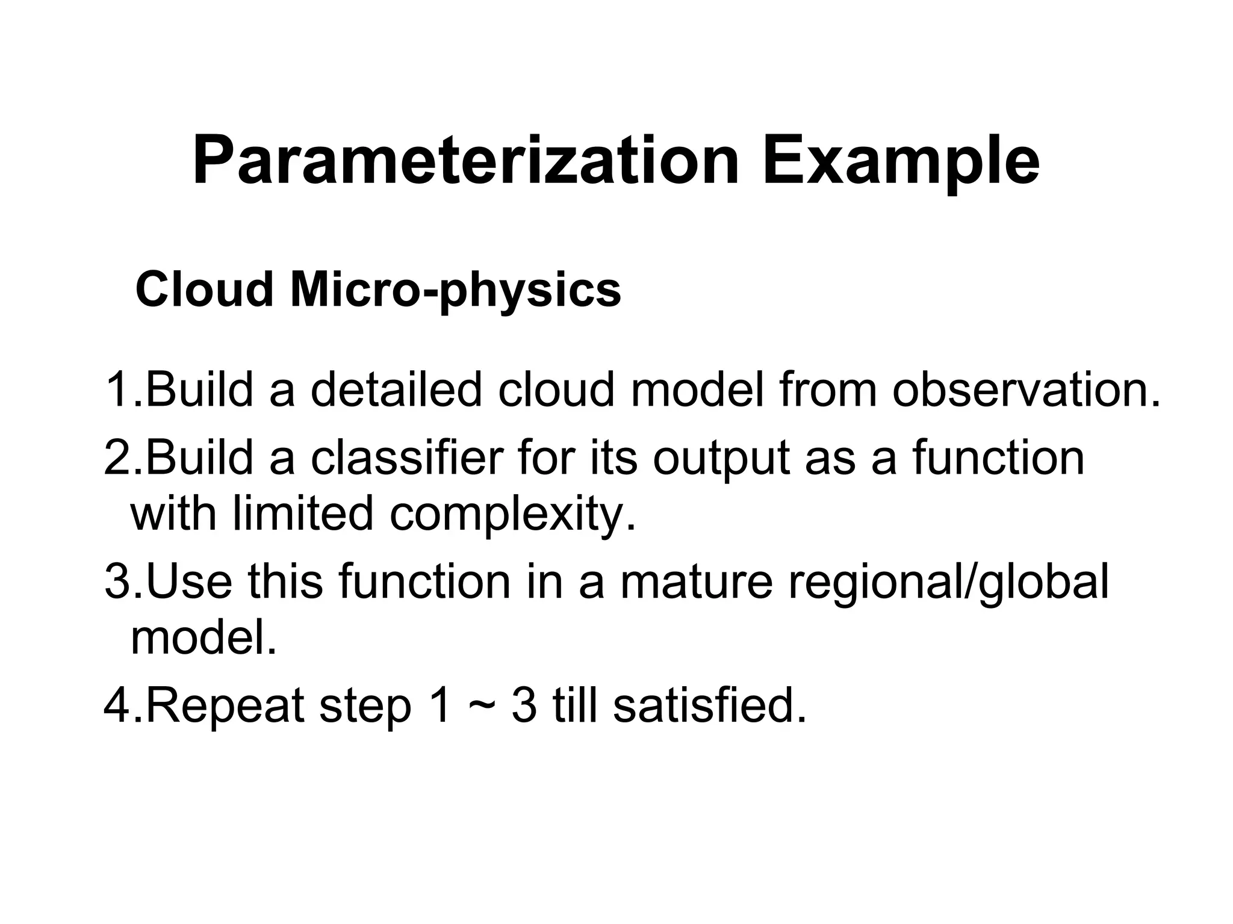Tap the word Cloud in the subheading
point(205,290)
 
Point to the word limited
point(303,513)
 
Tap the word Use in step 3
point(188,581)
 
